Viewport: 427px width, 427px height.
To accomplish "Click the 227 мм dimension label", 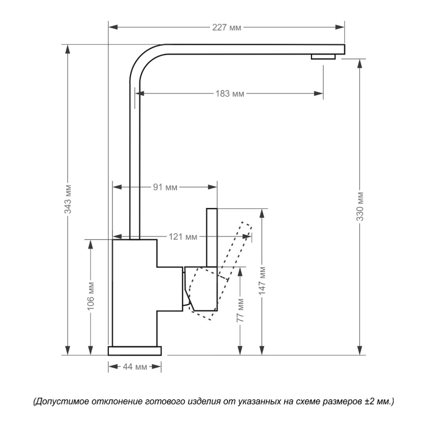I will pyautogui.click(x=227, y=28).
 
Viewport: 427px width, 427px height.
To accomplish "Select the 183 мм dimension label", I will pyautogui.click(x=230, y=94).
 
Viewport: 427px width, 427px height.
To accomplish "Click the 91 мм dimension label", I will pyautogui.click(x=165, y=187).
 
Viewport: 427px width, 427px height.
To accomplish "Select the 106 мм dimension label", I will pyautogui.click(x=91, y=297).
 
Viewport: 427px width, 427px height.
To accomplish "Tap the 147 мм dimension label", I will pyautogui.click(x=262, y=280).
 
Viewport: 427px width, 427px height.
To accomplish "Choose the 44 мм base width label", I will pyautogui.click(x=135, y=367).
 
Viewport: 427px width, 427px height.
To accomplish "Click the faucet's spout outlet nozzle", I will pyautogui.click(x=323, y=57).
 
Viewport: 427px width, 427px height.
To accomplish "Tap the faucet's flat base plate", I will pyautogui.click(x=135, y=351).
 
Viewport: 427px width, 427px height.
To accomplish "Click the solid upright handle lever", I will pyautogui.click(x=212, y=237).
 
